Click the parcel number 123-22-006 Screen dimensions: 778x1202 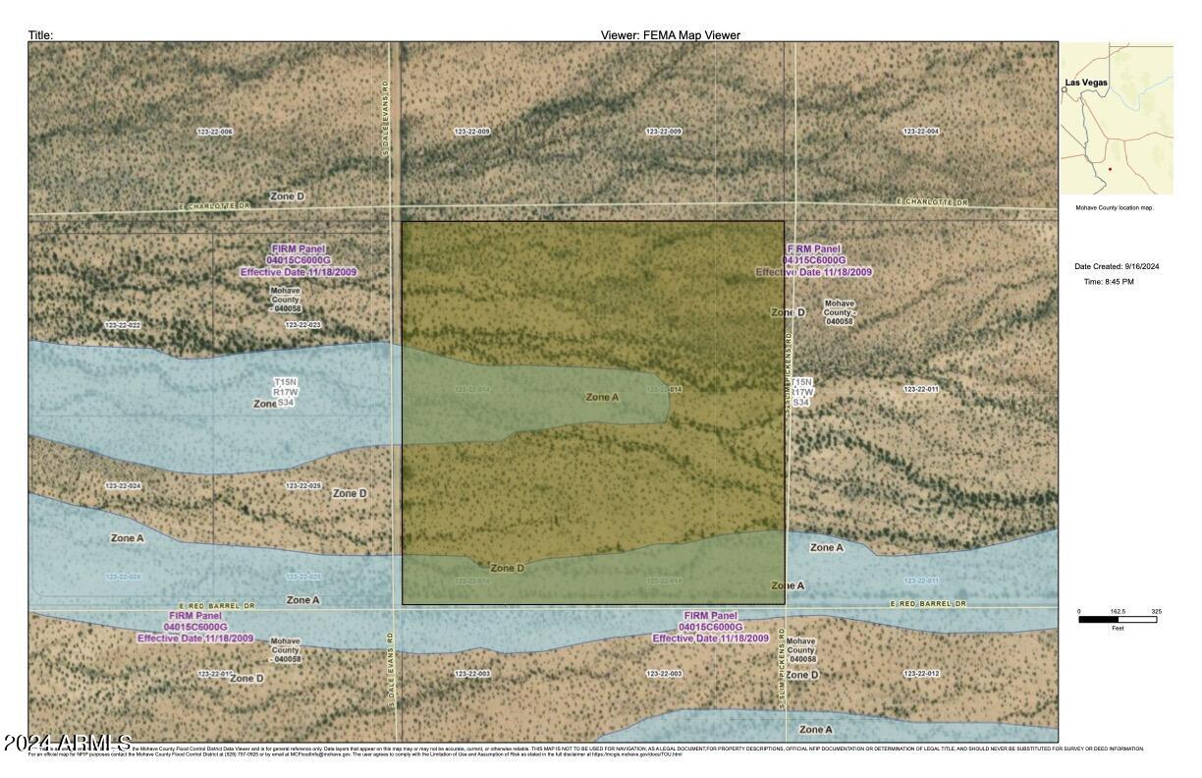[214, 132]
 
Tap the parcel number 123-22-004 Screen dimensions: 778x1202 [920, 132]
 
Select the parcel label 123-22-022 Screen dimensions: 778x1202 [123, 325]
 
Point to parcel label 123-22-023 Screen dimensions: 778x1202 [303, 325]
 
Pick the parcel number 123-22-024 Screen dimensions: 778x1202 [123, 486]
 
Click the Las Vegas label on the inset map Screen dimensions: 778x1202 [1087, 83]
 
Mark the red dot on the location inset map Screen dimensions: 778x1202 [1110, 169]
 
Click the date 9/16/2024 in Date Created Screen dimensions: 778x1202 [1142, 266]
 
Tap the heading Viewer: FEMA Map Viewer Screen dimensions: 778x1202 [670, 35]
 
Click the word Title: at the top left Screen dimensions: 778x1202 [40, 35]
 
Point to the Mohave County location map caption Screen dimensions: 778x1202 [1114, 208]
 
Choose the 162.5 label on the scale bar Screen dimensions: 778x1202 [1118, 612]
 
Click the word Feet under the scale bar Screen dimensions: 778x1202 [1118, 629]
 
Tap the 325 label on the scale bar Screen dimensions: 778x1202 [1156, 612]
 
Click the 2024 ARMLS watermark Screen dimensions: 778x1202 [67, 741]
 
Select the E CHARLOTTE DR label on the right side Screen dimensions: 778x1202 [932, 202]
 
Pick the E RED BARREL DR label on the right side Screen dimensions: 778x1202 [928, 604]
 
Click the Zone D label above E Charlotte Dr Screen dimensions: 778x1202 [287, 196]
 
